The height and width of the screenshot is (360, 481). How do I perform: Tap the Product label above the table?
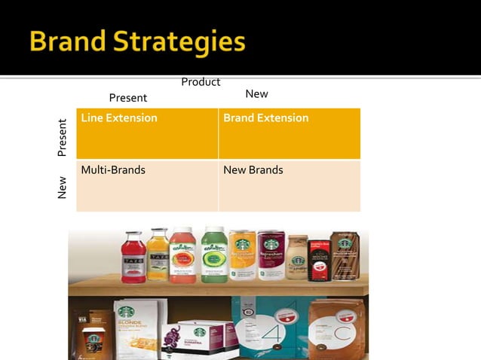pos(201,81)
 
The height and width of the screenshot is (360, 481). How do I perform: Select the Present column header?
pos(128,98)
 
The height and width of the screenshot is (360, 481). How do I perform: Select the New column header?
pos(256,94)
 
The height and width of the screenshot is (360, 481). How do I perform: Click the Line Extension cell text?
pos(119,118)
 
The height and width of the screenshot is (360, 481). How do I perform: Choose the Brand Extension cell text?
pos(265,118)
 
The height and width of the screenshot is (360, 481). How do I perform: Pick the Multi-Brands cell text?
pos(113,170)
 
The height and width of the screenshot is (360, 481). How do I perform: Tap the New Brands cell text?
pos(253,170)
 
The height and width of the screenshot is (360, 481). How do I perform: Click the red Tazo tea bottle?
pos(133,258)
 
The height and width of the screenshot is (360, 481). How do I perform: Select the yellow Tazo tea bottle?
pos(158,257)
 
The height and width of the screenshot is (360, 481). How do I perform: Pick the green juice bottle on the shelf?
pos(214,256)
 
